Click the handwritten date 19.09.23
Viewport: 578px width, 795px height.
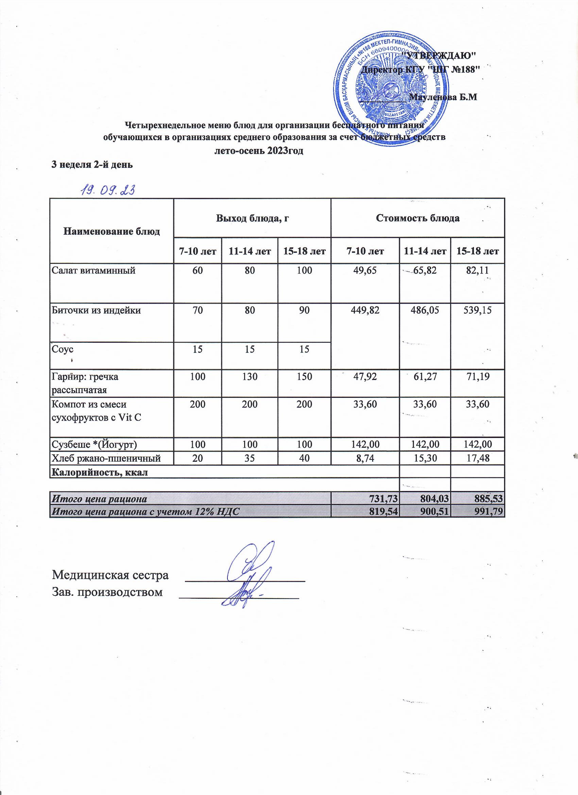tap(107, 190)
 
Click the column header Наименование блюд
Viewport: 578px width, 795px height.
tap(112, 231)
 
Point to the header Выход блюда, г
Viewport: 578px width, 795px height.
tap(252, 218)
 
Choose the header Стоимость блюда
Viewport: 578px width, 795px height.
tap(417, 218)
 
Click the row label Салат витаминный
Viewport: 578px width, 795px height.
tap(93, 270)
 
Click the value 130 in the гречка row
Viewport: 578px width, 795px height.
tap(249, 377)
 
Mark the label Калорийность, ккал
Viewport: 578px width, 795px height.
tap(100, 472)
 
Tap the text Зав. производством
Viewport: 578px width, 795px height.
tap(107, 592)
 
